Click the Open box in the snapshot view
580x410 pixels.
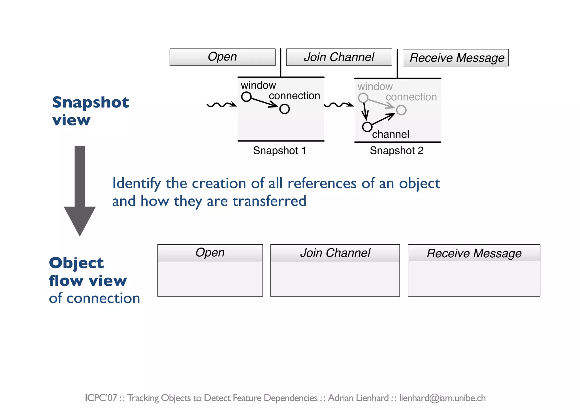pyautogui.click(x=222, y=57)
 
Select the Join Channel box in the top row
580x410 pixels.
pyautogui.click(x=339, y=57)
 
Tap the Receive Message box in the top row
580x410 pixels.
pyautogui.click(x=455, y=58)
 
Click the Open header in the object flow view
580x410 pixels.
pyautogui.click(x=210, y=253)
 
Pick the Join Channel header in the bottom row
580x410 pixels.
pyautogui.click(x=335, y=253)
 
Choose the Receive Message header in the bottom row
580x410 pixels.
pyautogui.click(x=474, y=253)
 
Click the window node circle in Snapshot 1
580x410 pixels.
pyautogui.click(x=246, y=97)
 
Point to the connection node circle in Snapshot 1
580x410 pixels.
pyautogui.click(x=284, y=109)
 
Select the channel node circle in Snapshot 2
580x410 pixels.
pyautogui.click(x=367, y=127)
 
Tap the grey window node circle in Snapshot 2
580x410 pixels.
pyautogui.click(x=363, y=98)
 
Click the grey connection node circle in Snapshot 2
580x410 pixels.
pyautogui.click(x=401, y=110)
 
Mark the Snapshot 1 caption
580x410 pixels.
pyautogui.click(x=280, y=151)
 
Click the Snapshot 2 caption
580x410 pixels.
pyautogui.click(x=396, y=151)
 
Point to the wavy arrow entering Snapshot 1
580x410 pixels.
pyautogui.click(x=221, y=105)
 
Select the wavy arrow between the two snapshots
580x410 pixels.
pyautogui.click(x=338, y=105)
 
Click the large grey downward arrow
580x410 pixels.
pyautogui.click(x=80, y=193)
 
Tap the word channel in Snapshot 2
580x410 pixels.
pyautogui.click(x=391, y=134)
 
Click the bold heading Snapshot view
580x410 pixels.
pyautogui.click(x=90, y=111)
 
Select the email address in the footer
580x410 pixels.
pyautogui.click(x=442, y=398)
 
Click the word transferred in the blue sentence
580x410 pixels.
pyautogui.click(x=269, y=201)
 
